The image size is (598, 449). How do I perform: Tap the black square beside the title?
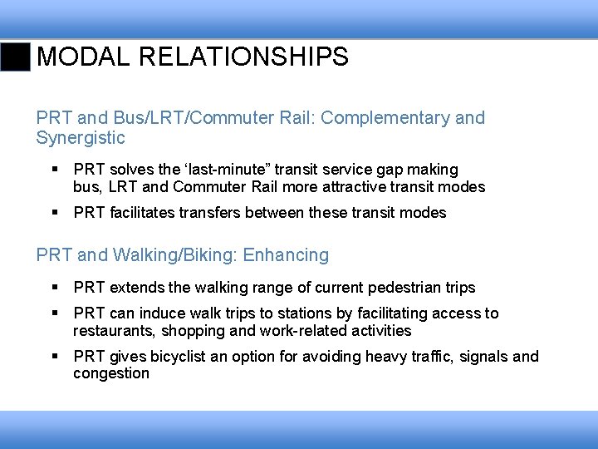coord(16,57)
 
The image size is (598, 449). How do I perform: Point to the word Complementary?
coord(385,118)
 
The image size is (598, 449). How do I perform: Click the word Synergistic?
coord(81,138)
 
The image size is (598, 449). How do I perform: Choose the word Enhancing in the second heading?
coord(287,255)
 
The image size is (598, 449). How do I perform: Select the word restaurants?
coord(113,331)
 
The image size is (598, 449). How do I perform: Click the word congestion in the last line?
coord(111,373)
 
